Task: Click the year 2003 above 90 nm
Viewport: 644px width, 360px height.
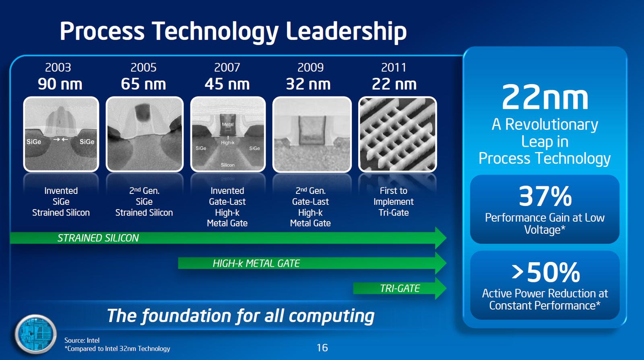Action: (58, 67)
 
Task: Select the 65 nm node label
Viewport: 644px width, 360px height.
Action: (143, 84)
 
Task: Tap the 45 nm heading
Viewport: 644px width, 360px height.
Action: (227, 84)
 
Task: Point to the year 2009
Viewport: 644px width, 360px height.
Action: (310, 67)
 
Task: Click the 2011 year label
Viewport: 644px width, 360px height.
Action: (394, 67)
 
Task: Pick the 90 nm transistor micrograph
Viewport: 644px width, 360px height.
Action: (61, 134)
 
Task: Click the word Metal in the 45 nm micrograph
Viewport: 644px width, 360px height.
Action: (227, 124)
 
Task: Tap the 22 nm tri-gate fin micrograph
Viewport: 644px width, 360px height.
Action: (397, 134)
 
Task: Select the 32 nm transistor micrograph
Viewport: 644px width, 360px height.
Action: (312, 134)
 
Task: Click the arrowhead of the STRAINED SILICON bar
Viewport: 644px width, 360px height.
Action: (440, 238)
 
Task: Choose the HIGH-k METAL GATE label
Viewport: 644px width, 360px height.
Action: (256, 263)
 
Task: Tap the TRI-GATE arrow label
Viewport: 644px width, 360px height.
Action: (400, 288)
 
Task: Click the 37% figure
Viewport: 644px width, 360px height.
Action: (545, 196)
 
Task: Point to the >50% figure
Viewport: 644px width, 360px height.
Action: (545, 272)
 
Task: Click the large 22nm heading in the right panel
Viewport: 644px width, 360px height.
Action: (545, 98)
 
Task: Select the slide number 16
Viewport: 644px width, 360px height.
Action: (322, 348)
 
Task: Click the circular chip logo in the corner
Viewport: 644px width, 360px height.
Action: (36, 334)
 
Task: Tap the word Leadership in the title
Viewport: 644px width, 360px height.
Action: (346, 31)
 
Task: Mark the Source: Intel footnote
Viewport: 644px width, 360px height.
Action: (82, 340)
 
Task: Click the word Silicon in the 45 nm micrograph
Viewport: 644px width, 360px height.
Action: (227, 165)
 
